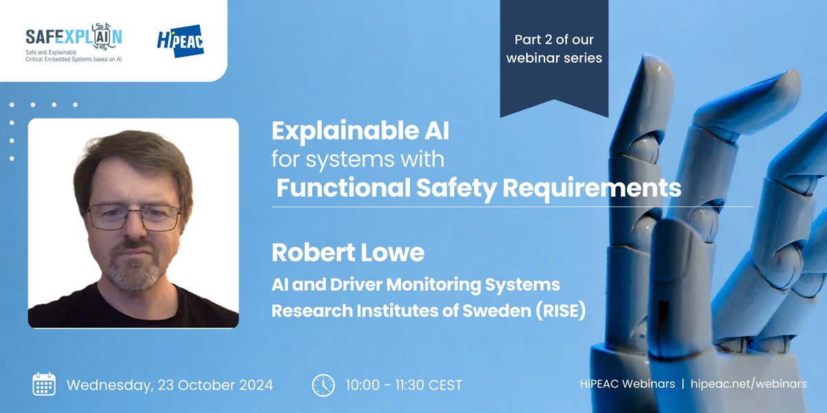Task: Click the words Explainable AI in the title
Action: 360,129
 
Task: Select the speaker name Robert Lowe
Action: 348,252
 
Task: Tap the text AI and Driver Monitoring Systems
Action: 416,284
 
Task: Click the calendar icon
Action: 44,383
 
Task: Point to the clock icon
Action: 323,384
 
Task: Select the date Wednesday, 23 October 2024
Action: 170,384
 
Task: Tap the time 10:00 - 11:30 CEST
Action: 404,384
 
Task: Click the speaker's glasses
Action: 134,215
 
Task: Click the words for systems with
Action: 357,159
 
